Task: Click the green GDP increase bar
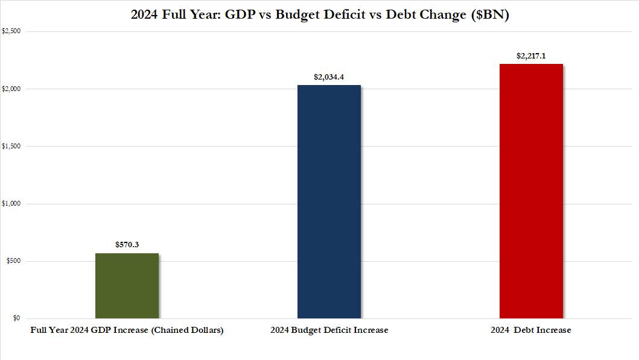pos(127,286)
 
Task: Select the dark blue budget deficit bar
pos(329,202)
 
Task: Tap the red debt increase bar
pos(531,191)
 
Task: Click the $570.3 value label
pos(127,245)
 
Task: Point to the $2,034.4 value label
pos(329,77)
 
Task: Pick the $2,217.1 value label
pos(531,55)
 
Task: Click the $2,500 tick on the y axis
pos(11,31)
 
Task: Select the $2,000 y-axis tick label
pos(11,89)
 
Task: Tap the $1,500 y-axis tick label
pos(11,146)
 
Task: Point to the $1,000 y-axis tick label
pos(11,204)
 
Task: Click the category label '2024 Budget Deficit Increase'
pos(329,330)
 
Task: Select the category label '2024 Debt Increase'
pos(531,330)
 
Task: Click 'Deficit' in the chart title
pos(346,15)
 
